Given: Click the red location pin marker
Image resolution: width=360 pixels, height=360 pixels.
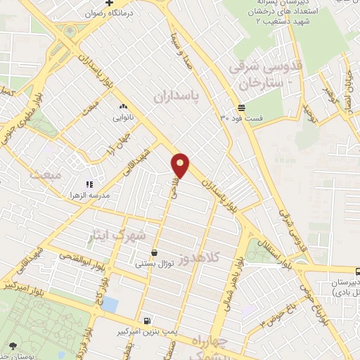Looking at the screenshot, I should [181, 165].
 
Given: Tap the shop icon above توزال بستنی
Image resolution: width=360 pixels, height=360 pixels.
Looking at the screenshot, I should [154, 253].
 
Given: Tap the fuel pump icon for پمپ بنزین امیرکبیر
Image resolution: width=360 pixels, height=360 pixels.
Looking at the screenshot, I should [146, 321].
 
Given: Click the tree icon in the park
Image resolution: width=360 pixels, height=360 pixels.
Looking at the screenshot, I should [13, 345].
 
